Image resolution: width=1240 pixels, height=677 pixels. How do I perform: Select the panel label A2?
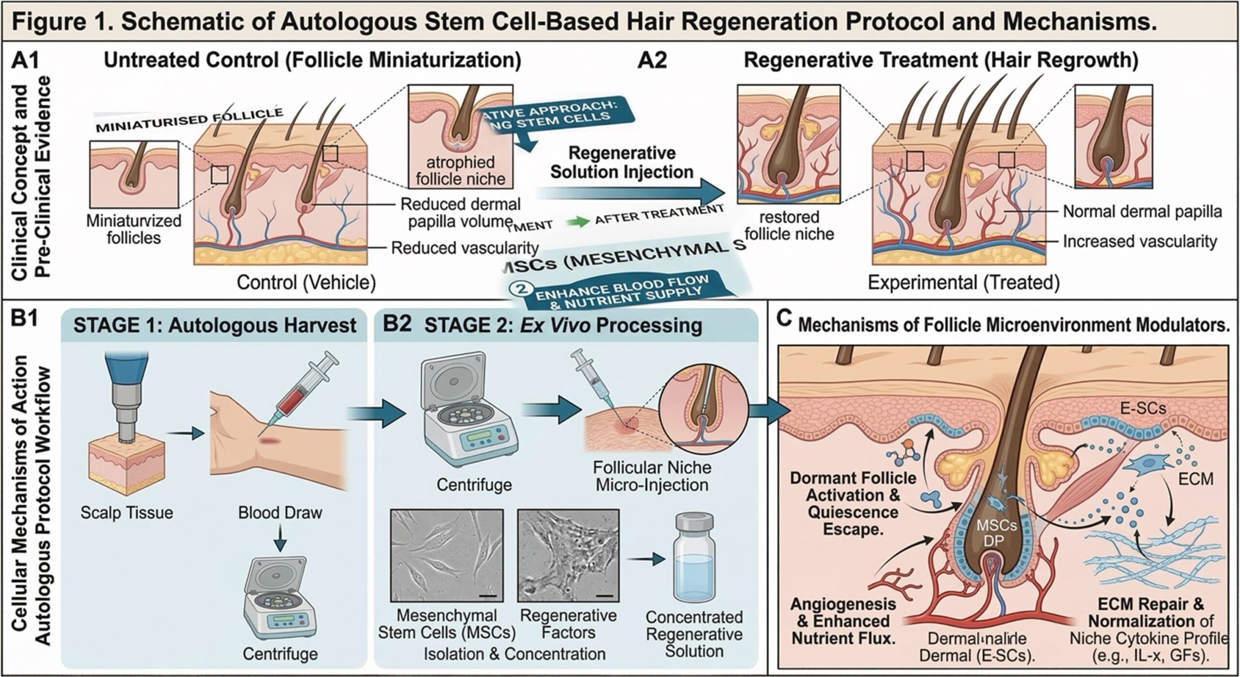coord(652,62)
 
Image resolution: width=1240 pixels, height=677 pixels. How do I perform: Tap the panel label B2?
coord(397,324)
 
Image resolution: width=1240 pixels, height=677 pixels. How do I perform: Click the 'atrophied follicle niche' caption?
coord(460,171)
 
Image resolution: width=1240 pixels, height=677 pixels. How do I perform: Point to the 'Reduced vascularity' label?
coord(465,248)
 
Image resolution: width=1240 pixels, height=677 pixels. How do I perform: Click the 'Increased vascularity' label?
coord(1140,241)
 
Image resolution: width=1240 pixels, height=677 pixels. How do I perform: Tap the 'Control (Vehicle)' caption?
coord(306,283)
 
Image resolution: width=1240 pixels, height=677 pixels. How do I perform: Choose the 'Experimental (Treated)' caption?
coord(963,283)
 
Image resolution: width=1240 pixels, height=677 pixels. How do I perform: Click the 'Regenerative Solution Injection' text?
coord(622,162)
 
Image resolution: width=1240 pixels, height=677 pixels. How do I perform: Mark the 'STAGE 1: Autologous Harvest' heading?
coord(215,325)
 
